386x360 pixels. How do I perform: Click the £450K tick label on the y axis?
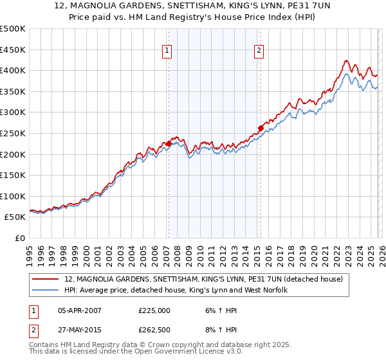coord(13,50)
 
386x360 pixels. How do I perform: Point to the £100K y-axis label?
coord(13,196)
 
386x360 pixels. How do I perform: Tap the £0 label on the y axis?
coord(19,238)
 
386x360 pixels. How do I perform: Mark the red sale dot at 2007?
coord(169,143)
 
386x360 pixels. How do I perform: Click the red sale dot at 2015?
coord(261,127)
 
